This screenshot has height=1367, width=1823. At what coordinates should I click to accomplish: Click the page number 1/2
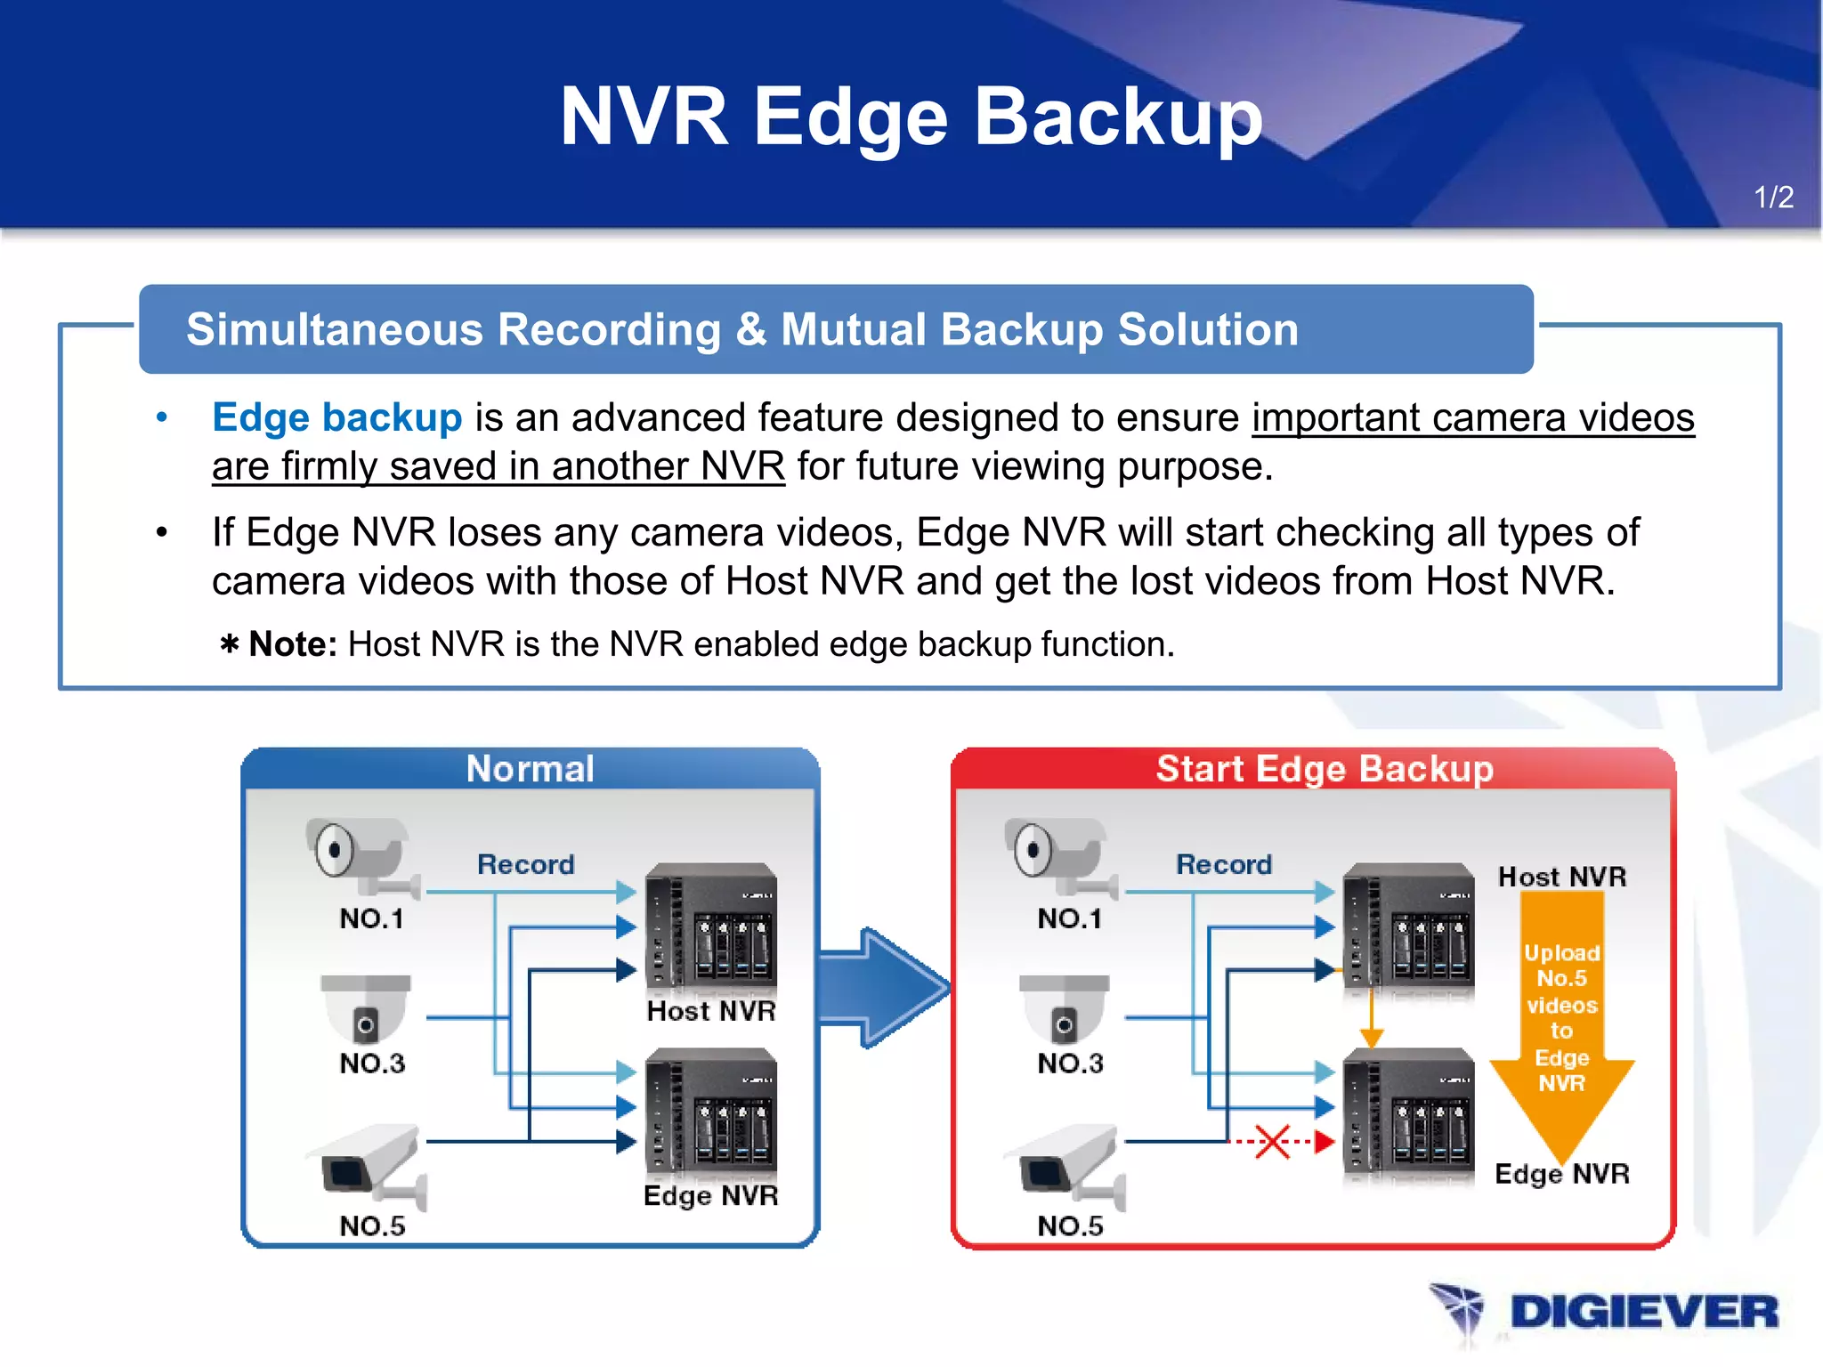coord(1772,197)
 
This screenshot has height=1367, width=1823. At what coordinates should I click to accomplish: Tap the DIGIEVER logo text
coord(1643,1312)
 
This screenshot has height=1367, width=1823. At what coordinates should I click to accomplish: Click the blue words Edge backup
coord(336,417)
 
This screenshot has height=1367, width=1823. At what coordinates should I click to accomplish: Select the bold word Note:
coord(292,644)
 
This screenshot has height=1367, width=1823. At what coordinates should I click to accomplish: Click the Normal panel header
coord(530,769)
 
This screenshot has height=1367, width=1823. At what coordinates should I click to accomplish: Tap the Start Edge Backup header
coord(1324,769)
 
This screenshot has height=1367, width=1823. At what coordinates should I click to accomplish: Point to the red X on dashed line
coord(1272,1141)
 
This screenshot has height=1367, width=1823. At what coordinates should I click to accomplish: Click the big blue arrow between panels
coord(884,987)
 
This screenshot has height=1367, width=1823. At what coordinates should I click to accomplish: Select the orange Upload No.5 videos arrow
coord(1561,1023)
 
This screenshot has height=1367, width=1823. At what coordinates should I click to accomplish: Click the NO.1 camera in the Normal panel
coord(361,855)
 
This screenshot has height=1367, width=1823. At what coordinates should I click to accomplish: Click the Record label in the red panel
coord(1224,864)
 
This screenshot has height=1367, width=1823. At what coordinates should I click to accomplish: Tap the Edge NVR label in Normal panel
coord(710,1195)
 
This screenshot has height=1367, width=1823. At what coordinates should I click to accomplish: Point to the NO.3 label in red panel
coord(1070,1063)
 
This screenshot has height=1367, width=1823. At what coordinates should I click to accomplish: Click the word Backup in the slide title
coord(1118,117)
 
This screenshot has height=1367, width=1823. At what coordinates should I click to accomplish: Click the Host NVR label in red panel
coord(1561,877)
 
